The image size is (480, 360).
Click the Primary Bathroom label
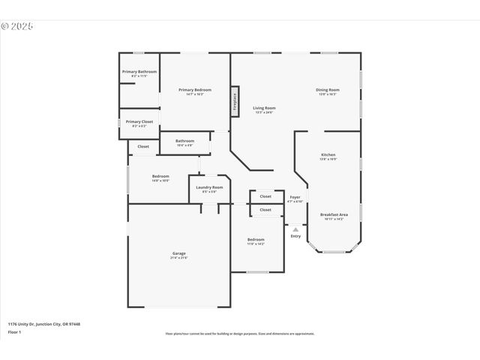(x=139, y=72)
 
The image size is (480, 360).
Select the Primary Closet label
(x=139, y=121)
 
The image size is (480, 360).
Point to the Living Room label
(x=264, y=108)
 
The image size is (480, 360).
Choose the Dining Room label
(x=328, y=90)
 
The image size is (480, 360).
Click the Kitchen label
(x=328, y=154)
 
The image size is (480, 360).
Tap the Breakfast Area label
(x=333, y=214)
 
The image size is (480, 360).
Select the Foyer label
(x=295, y=197)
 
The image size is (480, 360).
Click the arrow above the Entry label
(x=295, y=229)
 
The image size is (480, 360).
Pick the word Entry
(x=295, y=236)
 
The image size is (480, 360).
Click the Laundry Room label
(x=209, y=187)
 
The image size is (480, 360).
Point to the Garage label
(x=179, y=253)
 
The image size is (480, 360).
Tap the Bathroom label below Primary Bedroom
(x=185, y=141)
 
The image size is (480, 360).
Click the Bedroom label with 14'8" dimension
(x=160, y=176)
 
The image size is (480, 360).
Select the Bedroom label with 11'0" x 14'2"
(x=256, y=240)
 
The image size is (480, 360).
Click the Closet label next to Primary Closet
(x=143, y=146)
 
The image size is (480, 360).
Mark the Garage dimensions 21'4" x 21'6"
(x=179, y=258)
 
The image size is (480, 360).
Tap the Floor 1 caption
(x=14, y=331)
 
